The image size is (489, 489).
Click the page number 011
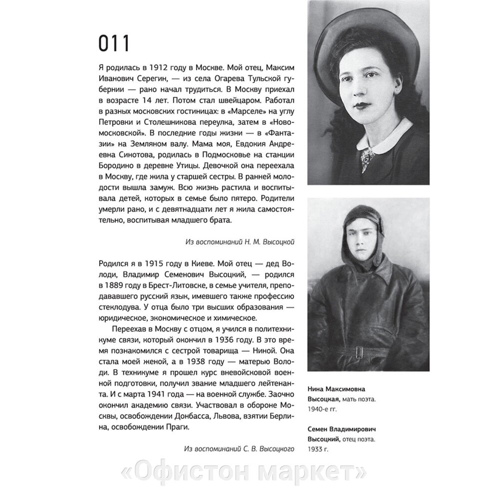[x=114, y=44]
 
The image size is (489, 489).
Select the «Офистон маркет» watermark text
[x=244, y=472]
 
